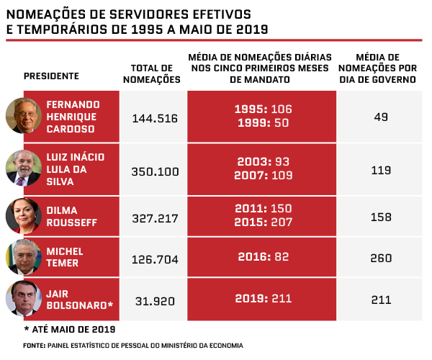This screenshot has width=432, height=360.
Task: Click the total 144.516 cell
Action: pos(155,118)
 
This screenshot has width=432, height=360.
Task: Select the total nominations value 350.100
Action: pos(155,171)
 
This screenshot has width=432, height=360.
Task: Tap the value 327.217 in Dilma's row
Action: pos(155,218)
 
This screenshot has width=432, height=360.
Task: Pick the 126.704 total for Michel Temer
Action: pos(155,259)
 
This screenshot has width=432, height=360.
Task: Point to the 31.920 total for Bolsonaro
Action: pos(155,301)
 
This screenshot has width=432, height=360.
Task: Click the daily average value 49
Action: pos(381,117)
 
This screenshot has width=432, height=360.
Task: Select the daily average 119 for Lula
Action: pos(381,170)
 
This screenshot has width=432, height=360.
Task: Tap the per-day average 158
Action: pos(381,217)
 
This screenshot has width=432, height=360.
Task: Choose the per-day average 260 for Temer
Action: pos(381,258)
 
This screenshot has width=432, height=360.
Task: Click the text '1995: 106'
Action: pos(263,109)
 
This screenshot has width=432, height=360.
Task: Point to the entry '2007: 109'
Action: pos(263,175)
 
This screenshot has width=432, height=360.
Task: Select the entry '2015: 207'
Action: pos(263,222)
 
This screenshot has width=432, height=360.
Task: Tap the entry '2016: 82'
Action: pos(263,257)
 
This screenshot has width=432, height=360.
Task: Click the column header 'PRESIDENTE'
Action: pos(51,76)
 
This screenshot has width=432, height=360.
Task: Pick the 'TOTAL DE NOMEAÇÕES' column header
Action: pos(151,74)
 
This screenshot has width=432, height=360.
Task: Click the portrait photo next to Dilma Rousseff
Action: pos(24,216)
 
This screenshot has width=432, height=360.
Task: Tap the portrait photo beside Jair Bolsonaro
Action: pos(24,298)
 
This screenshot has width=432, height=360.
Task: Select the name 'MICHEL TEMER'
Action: pos(65,257)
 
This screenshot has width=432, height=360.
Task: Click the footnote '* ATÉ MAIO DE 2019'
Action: pos(70,330)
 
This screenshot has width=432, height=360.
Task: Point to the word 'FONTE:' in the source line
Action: pos(34,346)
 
